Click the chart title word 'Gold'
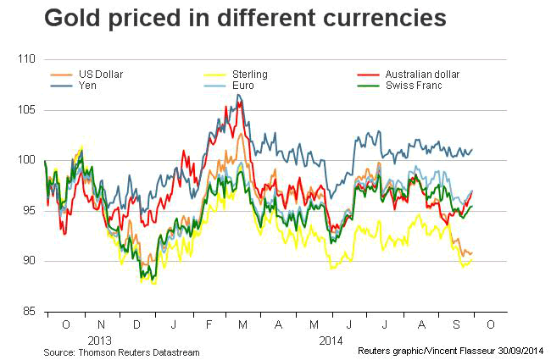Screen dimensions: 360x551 [72, 19]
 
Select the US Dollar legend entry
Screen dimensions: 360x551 [101, 75]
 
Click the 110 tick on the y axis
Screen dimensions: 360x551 [26, 59]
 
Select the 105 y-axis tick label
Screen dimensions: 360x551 [26, 110]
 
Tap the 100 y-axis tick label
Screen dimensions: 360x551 [26, 160]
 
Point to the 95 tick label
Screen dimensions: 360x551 [29, 211]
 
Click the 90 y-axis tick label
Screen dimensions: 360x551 [29, 261]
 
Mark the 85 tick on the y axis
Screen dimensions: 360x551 [29, 311]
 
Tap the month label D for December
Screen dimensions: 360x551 [136, 325]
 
